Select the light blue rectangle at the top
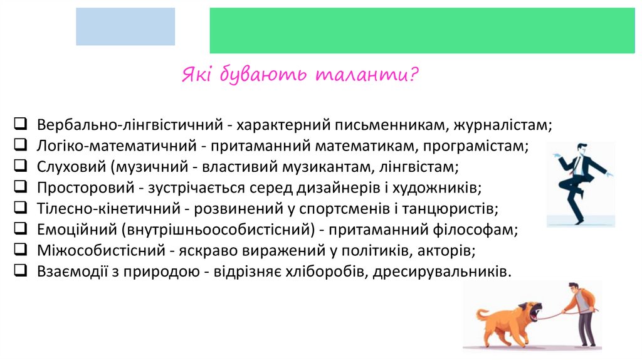pos(125,26)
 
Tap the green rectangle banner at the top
pos(421,30)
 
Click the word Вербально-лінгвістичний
pos(130,125)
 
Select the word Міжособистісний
pos(100,250)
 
